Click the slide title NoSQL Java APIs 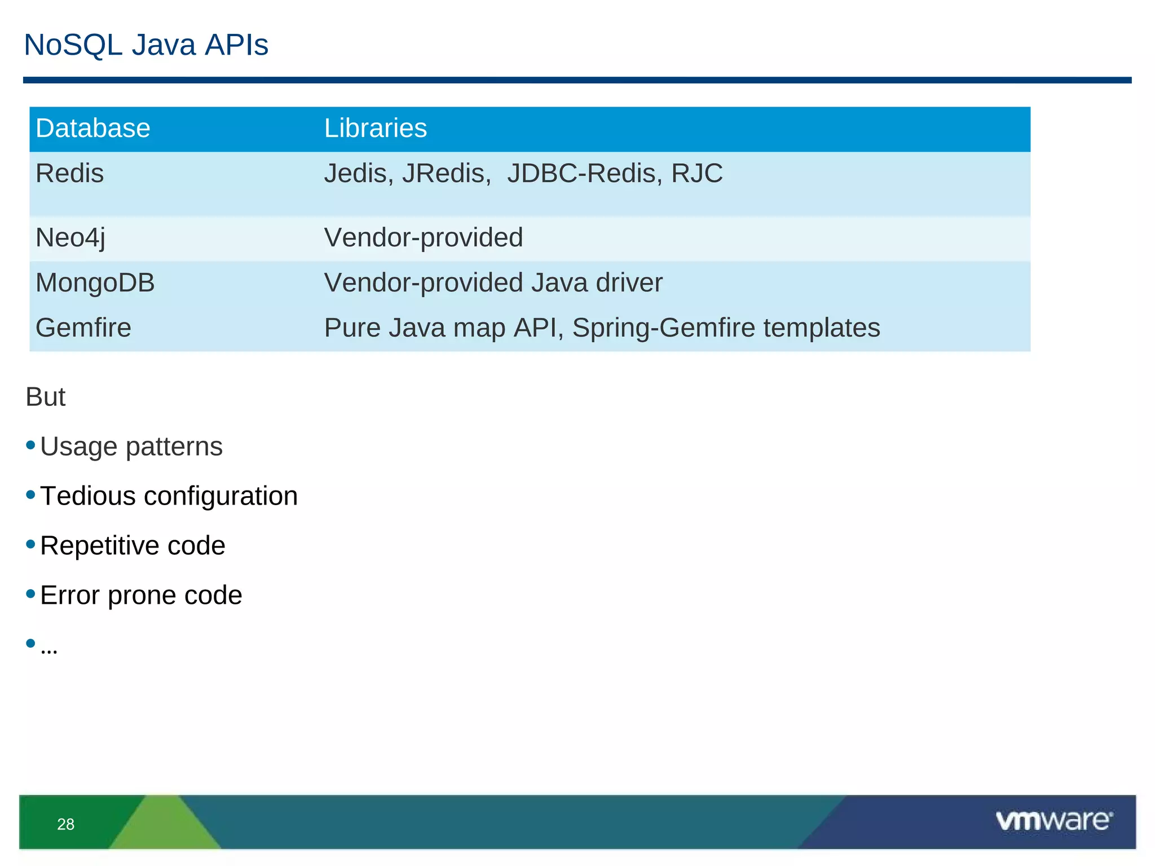coord(146,45)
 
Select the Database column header coord(93,129)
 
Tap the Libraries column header coord(375,129)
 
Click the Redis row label coord(69,174)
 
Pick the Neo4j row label coord(70,238)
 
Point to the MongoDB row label coord(95,283)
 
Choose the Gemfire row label coord(83,328)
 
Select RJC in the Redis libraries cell coord(696,174)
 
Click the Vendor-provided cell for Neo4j coord(423,238)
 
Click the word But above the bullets coord(46,397)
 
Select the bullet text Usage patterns coord(131,447)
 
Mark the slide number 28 coord(66,824)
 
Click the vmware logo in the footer coord(1053,821)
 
